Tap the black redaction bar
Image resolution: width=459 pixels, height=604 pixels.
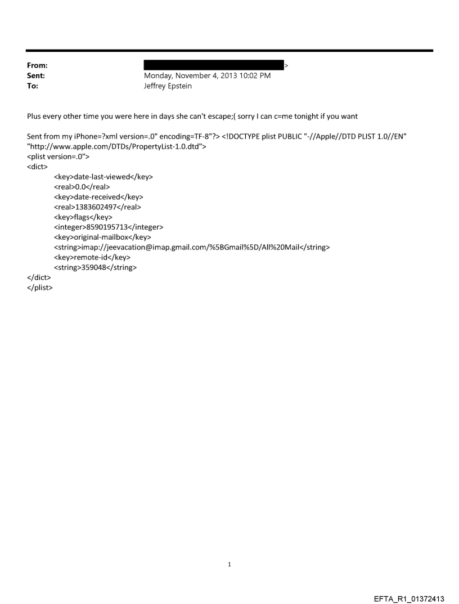click(x=214, y=65)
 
